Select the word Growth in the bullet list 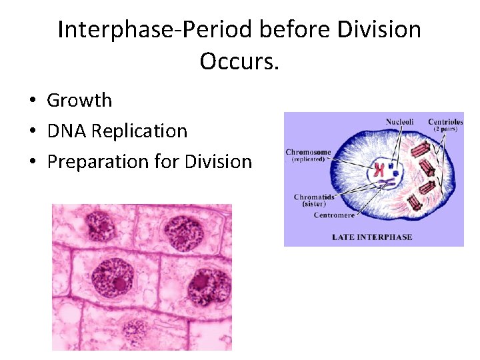pos(79,101)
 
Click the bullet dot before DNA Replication pos(32,131)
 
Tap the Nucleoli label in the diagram pos(399,121)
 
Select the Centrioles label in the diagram pos(445,121)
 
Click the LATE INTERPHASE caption pos(372,237)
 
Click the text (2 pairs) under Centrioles pos(445,129)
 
